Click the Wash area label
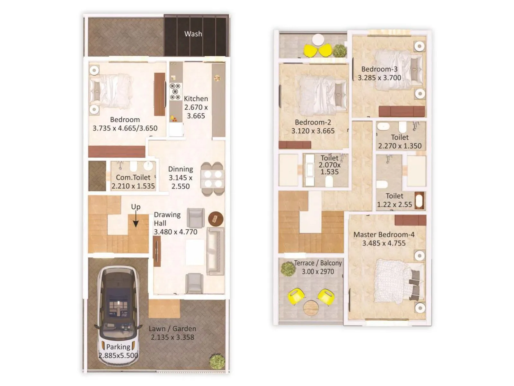coord(193,34)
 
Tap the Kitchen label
coord(196,99)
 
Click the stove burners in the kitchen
coord(175,92)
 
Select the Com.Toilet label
coord(133,178)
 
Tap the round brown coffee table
coord(216,219)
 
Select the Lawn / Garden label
coord(172,329)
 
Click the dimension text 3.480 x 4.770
coord(175,232)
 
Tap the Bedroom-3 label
coord(379,69)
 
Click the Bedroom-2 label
coord(313,123)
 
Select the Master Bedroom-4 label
coord(384,235)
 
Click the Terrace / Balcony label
coord(318,263)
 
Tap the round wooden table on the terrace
coord(311,308)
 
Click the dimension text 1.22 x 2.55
coord(394,205)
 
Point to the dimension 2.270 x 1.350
coord(400,146)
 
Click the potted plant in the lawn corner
coord(217,361)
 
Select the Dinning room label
coord(181,169)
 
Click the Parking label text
coord(118,347)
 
